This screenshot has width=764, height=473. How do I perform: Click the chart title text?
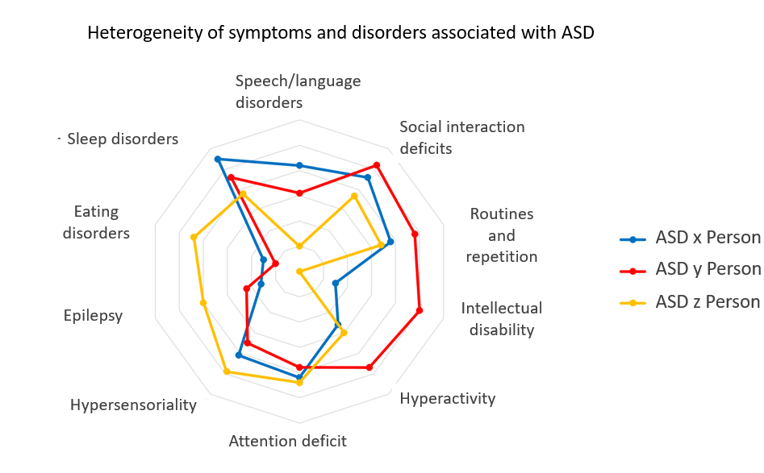[x=340, y=34]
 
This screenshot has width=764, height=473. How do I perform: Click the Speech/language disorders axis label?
[x=298, y=92]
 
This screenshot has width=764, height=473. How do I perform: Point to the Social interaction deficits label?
[x=461, y=137]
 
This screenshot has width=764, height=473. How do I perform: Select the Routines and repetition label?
[x=501, y=235]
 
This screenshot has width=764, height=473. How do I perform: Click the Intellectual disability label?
[x=501, y=318]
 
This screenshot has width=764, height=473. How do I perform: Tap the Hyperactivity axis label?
[x=447, y=398]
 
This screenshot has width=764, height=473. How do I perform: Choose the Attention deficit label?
[x=287, y=441]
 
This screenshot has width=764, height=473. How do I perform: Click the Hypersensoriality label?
[x=133, y=405]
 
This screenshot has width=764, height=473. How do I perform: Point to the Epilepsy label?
[x=93, y=315]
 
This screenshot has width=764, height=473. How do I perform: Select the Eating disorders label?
[x=96, y=222]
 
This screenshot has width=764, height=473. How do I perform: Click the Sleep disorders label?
[x=123, y=139]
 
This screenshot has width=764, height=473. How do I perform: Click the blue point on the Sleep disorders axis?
[x=217, y=160]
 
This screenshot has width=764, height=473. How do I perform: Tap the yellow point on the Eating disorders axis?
[x=194, y=237]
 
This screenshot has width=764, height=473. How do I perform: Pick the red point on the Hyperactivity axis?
[x=369, y=367]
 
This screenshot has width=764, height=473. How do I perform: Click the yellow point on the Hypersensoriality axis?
[x=227, y=371]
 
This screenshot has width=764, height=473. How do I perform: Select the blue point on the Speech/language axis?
[x=299, y=165]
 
